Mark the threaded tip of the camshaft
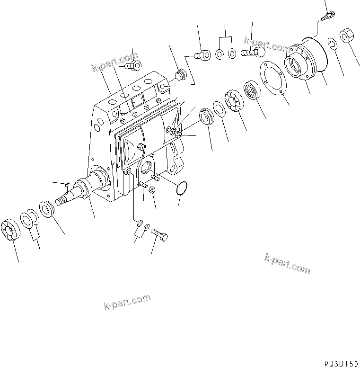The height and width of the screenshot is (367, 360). point(60,201)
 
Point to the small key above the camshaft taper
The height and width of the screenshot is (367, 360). point(67,184)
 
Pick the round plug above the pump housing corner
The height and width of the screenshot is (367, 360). point(179,74)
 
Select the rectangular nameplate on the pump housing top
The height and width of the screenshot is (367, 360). point(138,101)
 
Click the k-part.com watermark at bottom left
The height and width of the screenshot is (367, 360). point(126,301)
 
